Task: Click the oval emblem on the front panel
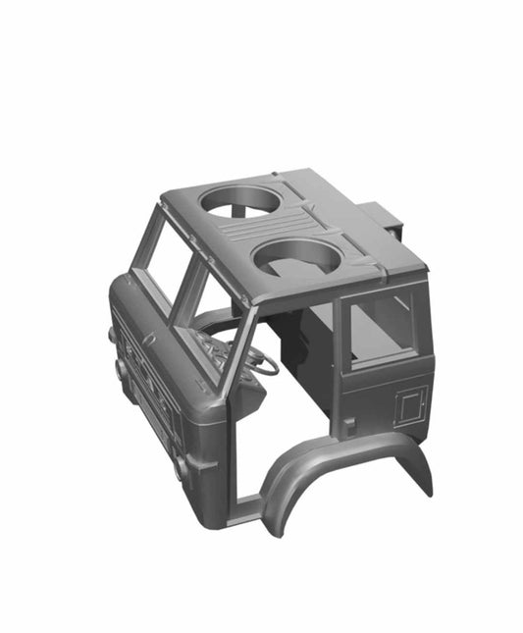click(x=149, y=340)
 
